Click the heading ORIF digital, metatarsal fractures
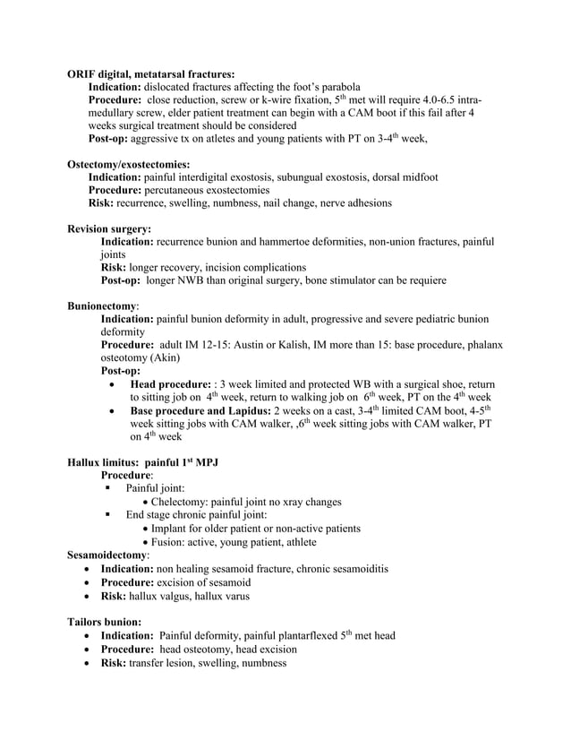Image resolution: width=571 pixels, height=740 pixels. click(x=151, y=73)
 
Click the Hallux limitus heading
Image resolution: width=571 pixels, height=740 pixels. click(x=143, y=462)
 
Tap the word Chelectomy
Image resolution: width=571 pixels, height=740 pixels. click(x=185, y=502)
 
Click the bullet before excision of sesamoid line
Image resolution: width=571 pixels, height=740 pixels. click(x=86, y=582)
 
